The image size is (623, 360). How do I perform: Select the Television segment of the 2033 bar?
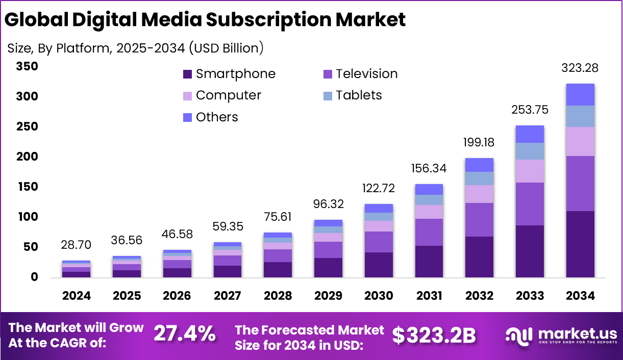tap(529, 203)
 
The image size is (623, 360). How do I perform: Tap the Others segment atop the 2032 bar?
tap(479, 165)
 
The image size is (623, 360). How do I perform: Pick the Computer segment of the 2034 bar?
tap(580, 141)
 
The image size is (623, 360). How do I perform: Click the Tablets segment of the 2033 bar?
tap(529, 151)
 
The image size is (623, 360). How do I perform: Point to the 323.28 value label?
tap(580, 68)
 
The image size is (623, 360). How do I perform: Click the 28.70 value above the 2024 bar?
tap(77, 245)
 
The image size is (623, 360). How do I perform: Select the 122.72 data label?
tap(379, 189)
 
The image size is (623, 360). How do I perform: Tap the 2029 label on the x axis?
tap(328, 296)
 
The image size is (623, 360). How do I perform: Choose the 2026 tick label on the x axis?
tap(177, 296)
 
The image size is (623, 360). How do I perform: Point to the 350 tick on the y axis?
tap(27, 66)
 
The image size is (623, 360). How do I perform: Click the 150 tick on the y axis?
tap(27, 187)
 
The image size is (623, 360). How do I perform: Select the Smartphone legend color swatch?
tap(187, 74)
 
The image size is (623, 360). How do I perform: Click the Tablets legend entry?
tap(358, 95)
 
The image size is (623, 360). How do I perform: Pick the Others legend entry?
tap(216, 117)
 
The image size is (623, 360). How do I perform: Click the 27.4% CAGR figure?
tap(184, 334)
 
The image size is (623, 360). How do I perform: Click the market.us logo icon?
tap(519, 335)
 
